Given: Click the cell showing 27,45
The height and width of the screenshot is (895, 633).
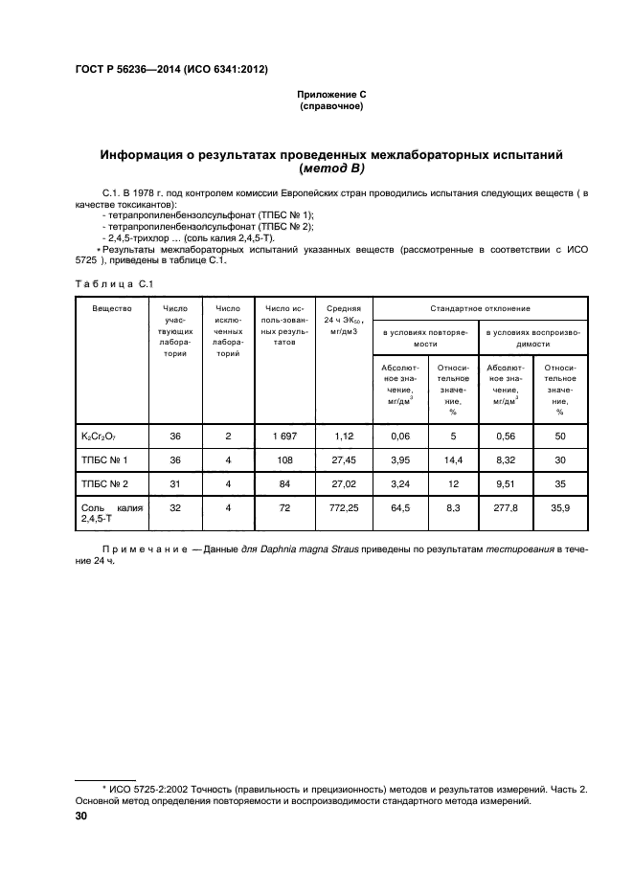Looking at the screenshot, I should coord(342,460).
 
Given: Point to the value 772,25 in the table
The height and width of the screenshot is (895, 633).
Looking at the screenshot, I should coord(342,509).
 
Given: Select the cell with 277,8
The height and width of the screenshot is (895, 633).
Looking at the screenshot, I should coord(506,509).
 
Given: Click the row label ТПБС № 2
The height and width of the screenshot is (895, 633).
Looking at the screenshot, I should coord(104,484).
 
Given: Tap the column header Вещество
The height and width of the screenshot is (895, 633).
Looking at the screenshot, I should coord(111,308).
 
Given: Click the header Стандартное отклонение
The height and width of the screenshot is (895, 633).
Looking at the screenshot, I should coord(480,308).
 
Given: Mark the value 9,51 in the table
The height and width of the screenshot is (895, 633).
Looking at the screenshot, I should coord(506,484).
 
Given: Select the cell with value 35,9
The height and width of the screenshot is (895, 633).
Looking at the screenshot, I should coord(559,509).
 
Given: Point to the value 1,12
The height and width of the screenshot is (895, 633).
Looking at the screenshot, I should coord(342,436).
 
